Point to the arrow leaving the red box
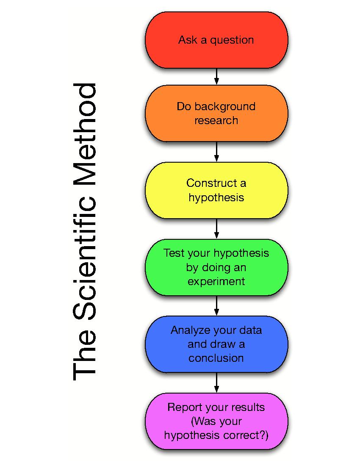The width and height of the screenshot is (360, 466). (x=216, y=76)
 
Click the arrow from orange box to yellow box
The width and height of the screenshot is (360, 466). (x=216, y=152)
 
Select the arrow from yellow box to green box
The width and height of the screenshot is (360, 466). (x=216, y=229)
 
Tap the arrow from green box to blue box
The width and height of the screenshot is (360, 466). (x=216, y=306)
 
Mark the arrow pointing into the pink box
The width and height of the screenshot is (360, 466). (x=216, y=383)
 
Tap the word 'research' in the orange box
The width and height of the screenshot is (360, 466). (x=216, y=120)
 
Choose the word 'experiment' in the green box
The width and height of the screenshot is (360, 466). (x=216, y=281)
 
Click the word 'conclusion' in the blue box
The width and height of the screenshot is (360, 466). (x=216, y=358)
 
